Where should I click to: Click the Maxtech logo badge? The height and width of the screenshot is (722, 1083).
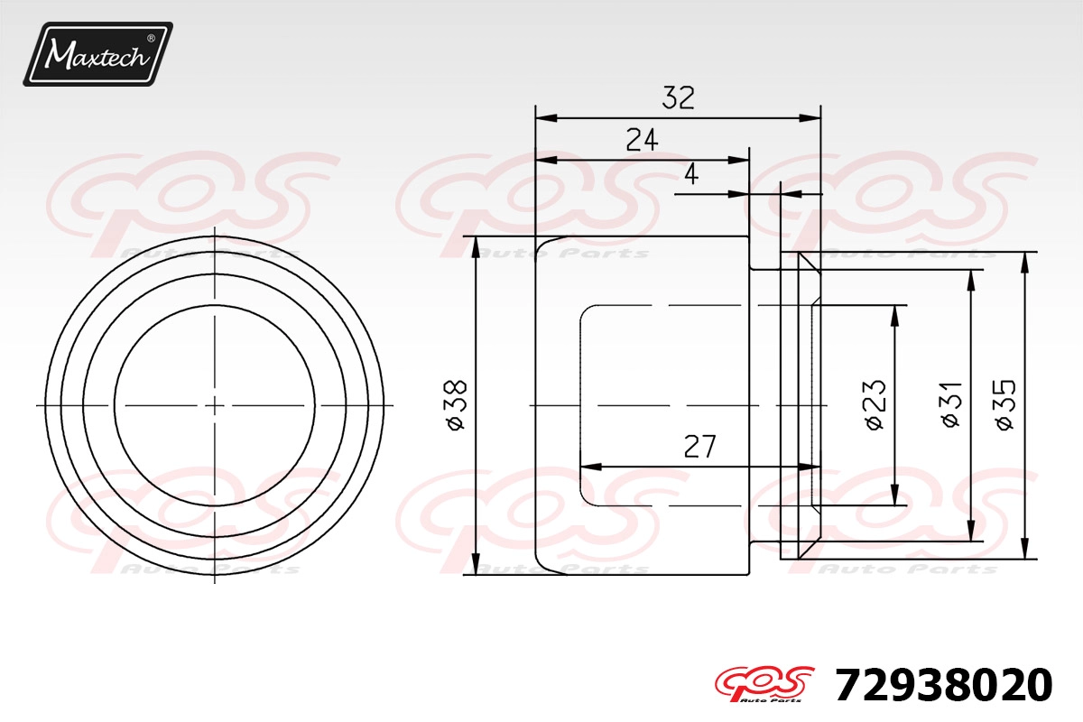pos(97,54)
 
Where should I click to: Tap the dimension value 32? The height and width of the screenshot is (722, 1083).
pos(679,97)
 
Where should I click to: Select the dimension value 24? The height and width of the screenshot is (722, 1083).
pos(642,140)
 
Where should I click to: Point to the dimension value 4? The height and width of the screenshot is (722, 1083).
pos(692,174)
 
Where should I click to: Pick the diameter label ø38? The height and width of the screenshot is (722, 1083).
pos(457,404)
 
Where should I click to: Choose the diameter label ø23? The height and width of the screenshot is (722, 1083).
pos(875,404)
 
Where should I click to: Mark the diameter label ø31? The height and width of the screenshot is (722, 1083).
pos(951,404)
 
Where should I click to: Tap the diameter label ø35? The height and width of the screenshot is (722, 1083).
pos(1005,404)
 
